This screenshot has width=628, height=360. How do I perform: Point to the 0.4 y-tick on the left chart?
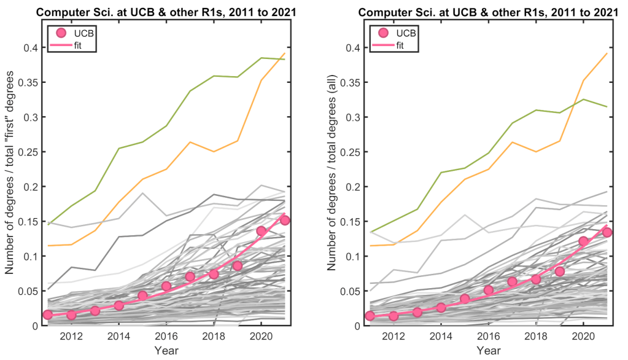[x=30, y=48]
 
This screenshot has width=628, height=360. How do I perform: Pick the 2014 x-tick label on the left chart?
[x=118, y=337]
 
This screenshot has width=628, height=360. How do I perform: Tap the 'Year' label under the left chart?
[x=166, y=351]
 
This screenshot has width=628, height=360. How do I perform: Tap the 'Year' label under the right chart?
[x=488, y=351]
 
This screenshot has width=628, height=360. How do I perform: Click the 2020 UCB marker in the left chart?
[x=262, y=231]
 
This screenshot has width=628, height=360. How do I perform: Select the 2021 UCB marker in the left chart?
[x=285, y=221]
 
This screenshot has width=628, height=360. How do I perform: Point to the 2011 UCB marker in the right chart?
[x=370, y=316]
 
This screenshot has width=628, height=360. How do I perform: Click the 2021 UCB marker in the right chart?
[x=607, y=232]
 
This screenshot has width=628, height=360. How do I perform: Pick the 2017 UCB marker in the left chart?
[x=190, y=276]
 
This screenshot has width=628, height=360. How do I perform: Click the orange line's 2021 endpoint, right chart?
[x=607, y=53]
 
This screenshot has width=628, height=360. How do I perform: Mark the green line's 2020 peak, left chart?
[x=262, y=58]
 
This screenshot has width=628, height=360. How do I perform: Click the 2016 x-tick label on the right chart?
[x=488, y=337]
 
